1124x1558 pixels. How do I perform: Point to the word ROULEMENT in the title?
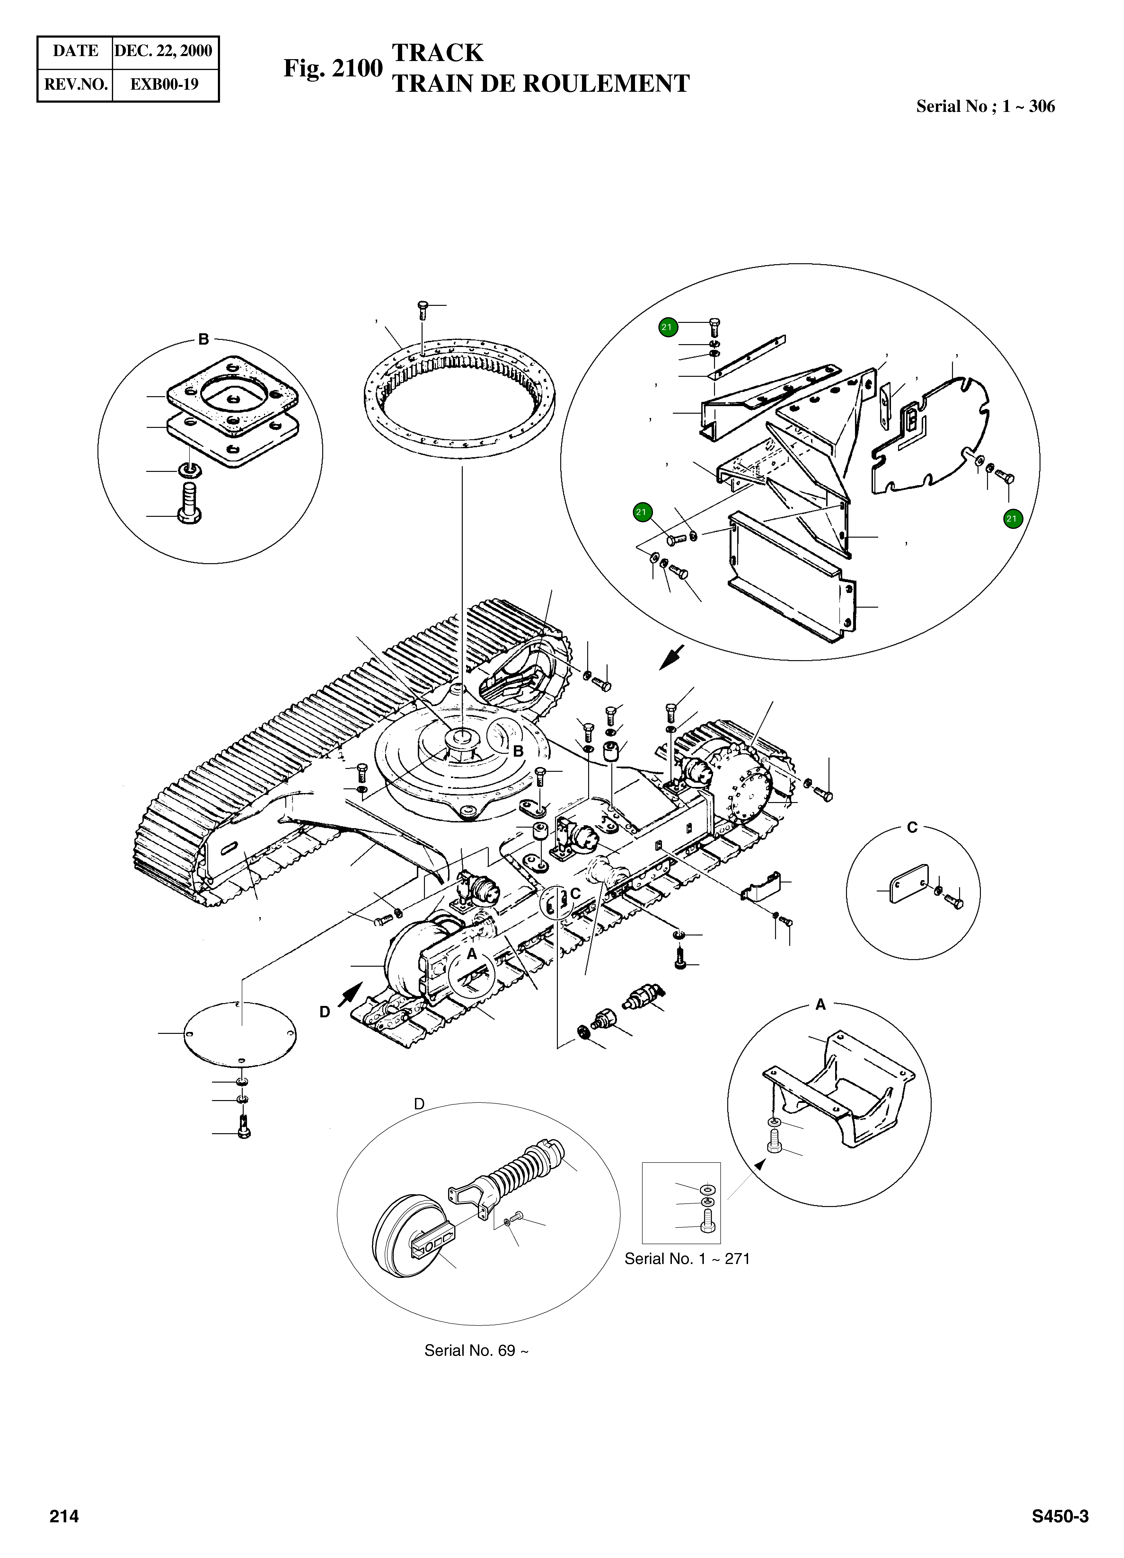point(606,84)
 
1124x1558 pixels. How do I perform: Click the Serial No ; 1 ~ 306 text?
point(985,106)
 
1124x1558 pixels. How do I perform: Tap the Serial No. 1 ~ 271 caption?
point(687,1259)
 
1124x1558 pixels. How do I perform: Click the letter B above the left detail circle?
point(203,339)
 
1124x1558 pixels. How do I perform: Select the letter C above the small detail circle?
point(912,828)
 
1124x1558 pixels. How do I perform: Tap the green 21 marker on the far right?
point(1011,519)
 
